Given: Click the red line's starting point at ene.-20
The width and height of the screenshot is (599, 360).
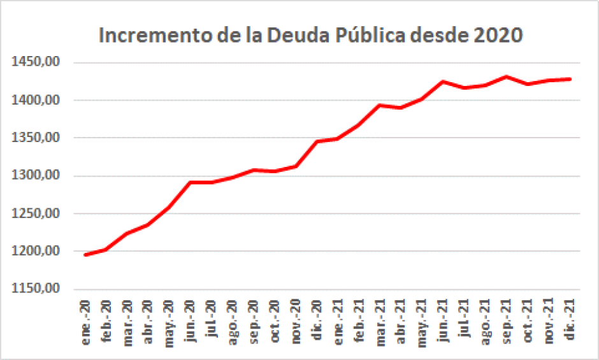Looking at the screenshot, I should click(x=86, y=255).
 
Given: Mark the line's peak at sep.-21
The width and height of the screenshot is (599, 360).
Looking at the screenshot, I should click(x=507, y=76).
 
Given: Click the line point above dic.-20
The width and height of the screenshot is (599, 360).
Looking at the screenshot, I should click(x=317, y=141).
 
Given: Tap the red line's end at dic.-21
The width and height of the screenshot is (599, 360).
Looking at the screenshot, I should click(x=570, y=79).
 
